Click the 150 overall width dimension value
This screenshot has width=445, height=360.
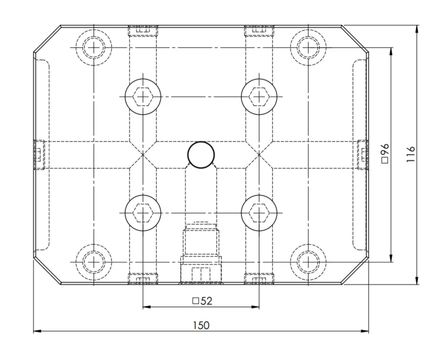[201, 325]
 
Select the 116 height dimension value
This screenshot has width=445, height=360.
[411, 154]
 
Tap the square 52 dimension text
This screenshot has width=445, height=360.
[202, 301]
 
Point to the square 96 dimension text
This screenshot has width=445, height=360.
[385, 154]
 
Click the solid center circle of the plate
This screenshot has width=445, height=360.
[201, 155]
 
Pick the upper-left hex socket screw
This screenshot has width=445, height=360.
[143, 97]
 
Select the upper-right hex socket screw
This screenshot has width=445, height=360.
[259, 97]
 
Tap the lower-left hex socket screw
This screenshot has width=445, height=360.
[143, 212]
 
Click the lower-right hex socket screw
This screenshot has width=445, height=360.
[259, 212]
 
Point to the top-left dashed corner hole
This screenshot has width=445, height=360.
[94, 47]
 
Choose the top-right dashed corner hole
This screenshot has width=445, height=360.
[308, 47]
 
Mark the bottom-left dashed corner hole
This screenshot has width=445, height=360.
[94, 262]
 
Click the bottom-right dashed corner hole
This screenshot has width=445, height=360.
[308, 262]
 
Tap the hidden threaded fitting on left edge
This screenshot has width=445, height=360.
[39, 155]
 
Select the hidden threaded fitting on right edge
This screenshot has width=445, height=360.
[363, 155]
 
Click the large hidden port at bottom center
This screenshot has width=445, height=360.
[201, 253]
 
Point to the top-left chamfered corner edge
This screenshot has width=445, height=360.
[47, 39]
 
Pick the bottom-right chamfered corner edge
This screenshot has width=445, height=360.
[355, 271]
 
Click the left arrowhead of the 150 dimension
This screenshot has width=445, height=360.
[37, 331]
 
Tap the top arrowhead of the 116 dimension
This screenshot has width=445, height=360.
[417, 29]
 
